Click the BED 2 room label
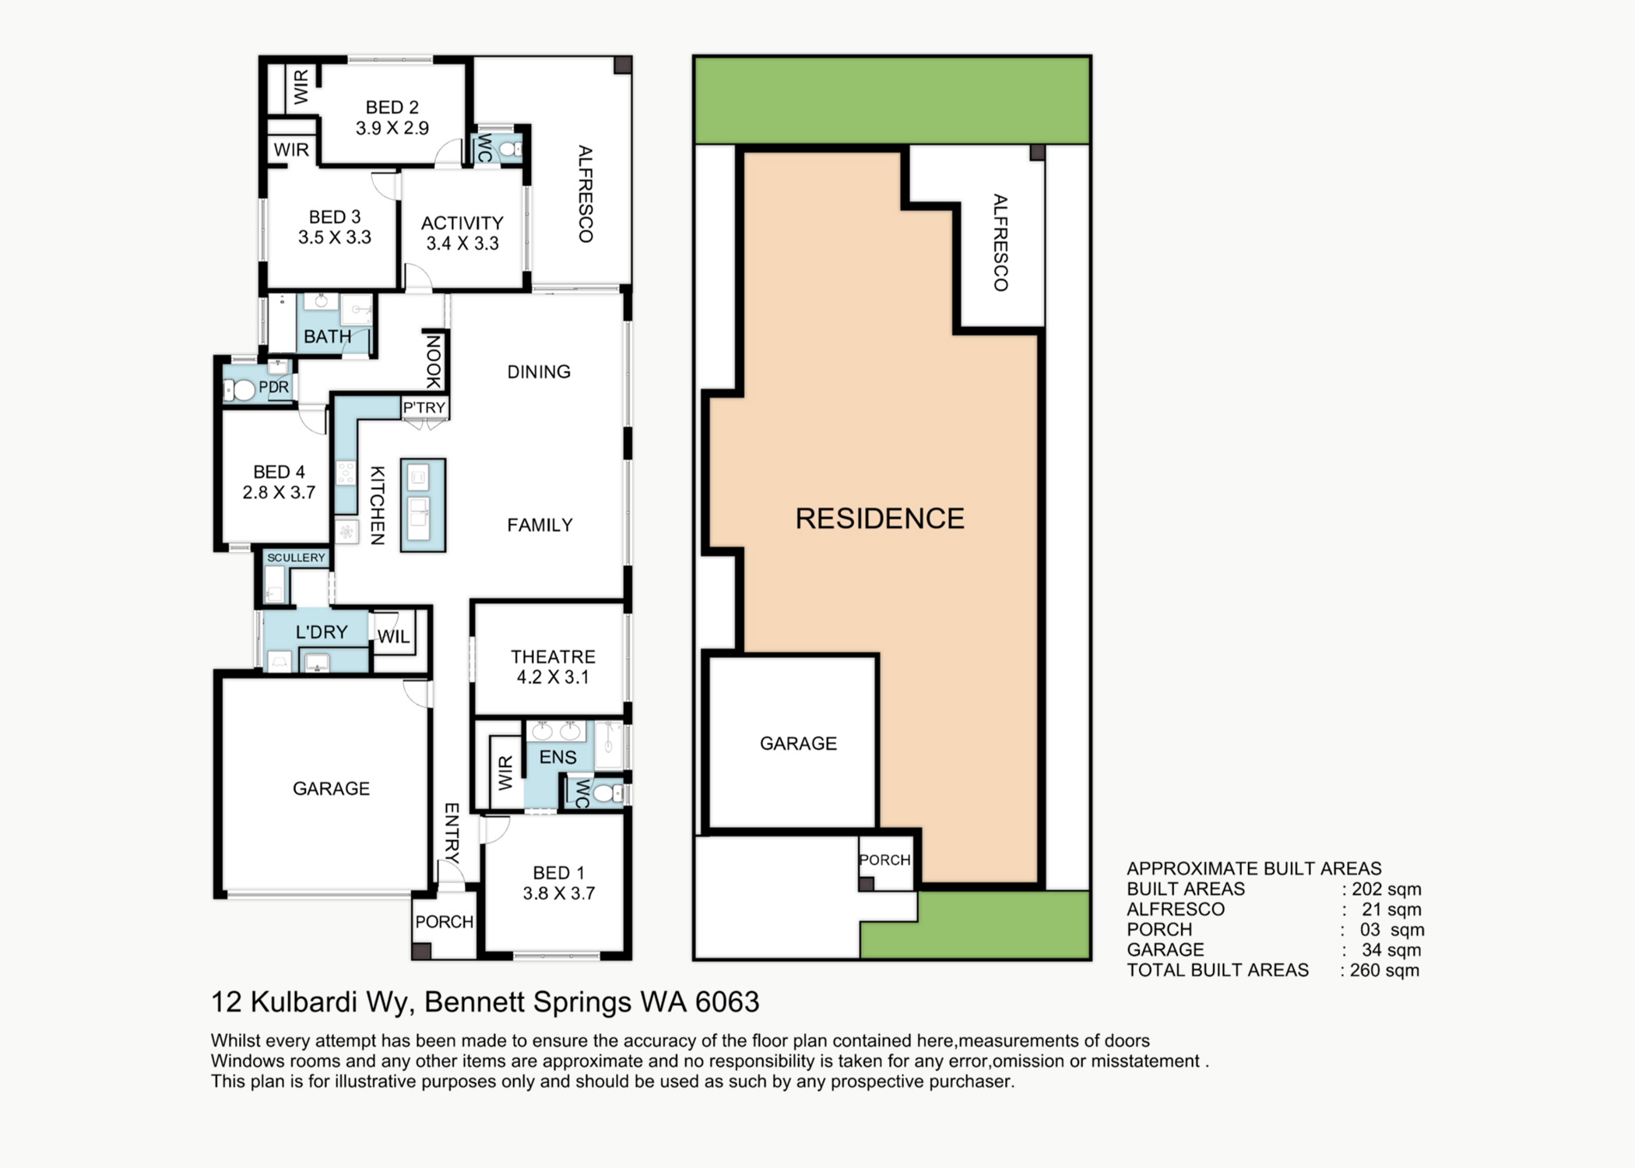tap(392, 107)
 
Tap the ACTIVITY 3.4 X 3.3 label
tap(462, 233)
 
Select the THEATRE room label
tap(553, 656)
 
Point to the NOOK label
tap(434, 361)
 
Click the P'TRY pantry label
tap(424, 407)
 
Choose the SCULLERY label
tap(296, 558)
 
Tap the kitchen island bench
tap(423, 505)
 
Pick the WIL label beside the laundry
tap(394, 636)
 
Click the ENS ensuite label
tap(557, 757)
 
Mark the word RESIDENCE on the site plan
tap(880, 519)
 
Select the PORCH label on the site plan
tap(884, 860)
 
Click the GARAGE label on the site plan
tap(798, 744)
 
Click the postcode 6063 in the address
tap(727, 1002)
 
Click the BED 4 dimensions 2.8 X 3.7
tap(279, 492)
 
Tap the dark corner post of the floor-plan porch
tap(421, 951)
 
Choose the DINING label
tap(539, 372)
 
